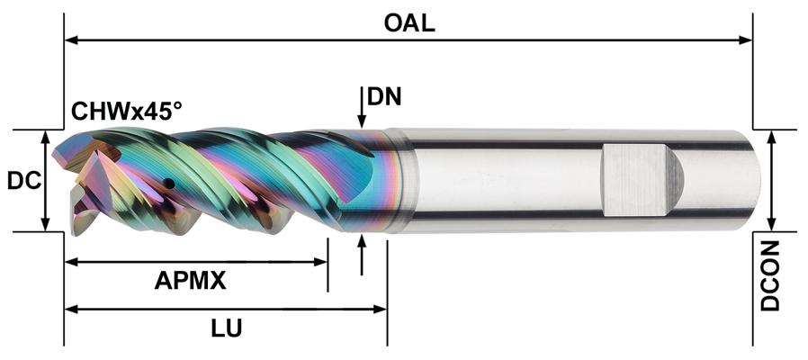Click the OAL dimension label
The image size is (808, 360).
409,22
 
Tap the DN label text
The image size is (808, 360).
384,97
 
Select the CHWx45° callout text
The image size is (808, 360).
127,112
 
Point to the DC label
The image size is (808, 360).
23,181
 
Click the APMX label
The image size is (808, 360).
190,281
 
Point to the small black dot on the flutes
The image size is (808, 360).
168,184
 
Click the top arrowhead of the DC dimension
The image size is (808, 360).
45,136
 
